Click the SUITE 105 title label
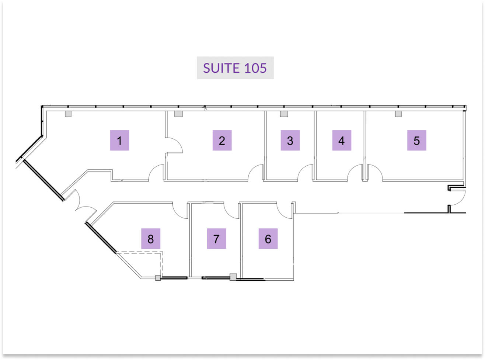tap(235, 68)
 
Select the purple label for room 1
tap(119, 140)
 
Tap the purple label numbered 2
tap(222, 140)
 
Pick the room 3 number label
tap(290, 140)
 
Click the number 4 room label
tap(342, 140)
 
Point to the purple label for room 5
tap(416, 140)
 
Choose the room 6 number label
tap(268, 239)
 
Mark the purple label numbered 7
tap(216, 239)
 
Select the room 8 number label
tap(151, 239)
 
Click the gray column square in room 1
tap(68, 114)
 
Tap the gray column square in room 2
tap(178, 114)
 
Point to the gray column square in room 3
tap(284, 114)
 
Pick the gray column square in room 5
tap(398, 114)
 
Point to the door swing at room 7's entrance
tap(231, 210)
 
